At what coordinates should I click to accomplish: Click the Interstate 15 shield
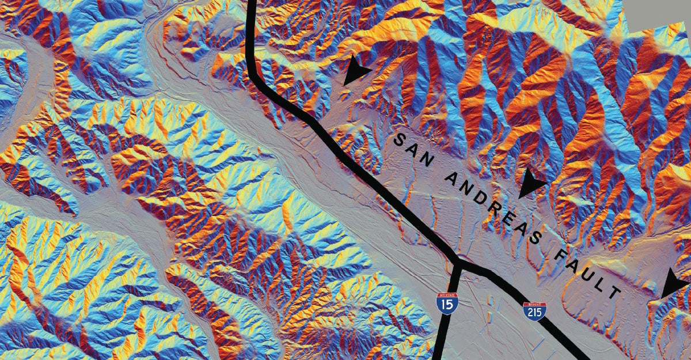coord(447,302)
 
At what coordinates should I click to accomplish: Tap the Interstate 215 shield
coord(534,311)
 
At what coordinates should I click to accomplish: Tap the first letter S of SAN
coord(398,138)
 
